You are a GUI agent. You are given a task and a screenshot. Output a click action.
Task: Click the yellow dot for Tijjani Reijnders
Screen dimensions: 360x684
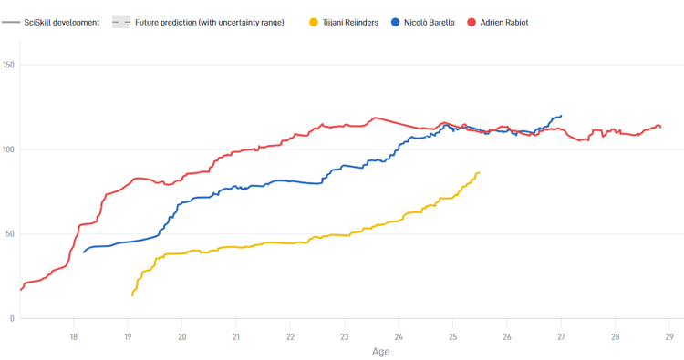[x=315, y=22]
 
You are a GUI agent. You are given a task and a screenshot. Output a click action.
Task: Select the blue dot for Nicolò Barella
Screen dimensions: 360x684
[x=396, y=22]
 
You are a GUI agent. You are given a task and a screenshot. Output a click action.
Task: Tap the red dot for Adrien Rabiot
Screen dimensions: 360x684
[x=472, y=22]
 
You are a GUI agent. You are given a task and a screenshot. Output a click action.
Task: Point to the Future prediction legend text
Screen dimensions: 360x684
[x=209, y=22]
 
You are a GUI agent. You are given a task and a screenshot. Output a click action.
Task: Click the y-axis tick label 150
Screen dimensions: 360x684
[x=8, y=65]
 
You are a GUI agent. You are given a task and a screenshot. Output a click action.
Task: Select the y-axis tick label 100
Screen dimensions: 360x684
[x=8, y=149]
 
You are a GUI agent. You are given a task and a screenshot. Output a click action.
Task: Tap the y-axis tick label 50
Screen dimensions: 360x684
[x=10, y=234]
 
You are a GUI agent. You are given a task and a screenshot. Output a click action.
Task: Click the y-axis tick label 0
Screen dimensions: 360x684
[x=12, y=318]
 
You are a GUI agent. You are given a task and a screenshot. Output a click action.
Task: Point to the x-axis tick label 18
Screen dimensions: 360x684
[x=74, y=336]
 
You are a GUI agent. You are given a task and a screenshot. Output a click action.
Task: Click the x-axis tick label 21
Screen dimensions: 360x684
[x=236, y=336]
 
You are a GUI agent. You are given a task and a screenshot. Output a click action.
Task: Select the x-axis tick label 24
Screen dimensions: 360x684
[x=399, y=336]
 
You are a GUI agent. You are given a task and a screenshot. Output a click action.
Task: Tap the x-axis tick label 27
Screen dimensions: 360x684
[x=561, y=336]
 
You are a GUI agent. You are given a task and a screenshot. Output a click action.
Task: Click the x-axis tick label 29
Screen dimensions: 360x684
[x=668, y=336]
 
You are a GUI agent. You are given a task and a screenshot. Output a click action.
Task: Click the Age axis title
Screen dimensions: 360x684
[x=381, y=351]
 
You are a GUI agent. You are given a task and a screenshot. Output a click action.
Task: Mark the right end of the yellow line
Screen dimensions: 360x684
[x=479, y=172]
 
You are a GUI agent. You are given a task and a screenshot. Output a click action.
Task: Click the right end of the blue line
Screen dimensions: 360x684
[x=561, y=116]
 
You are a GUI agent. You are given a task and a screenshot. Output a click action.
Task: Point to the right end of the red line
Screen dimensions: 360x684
[x=660, y=127]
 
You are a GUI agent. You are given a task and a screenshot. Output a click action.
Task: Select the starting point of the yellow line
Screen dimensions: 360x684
[x=132, y=295]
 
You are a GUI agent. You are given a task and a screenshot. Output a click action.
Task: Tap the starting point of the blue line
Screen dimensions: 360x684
[x=84, y=252]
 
